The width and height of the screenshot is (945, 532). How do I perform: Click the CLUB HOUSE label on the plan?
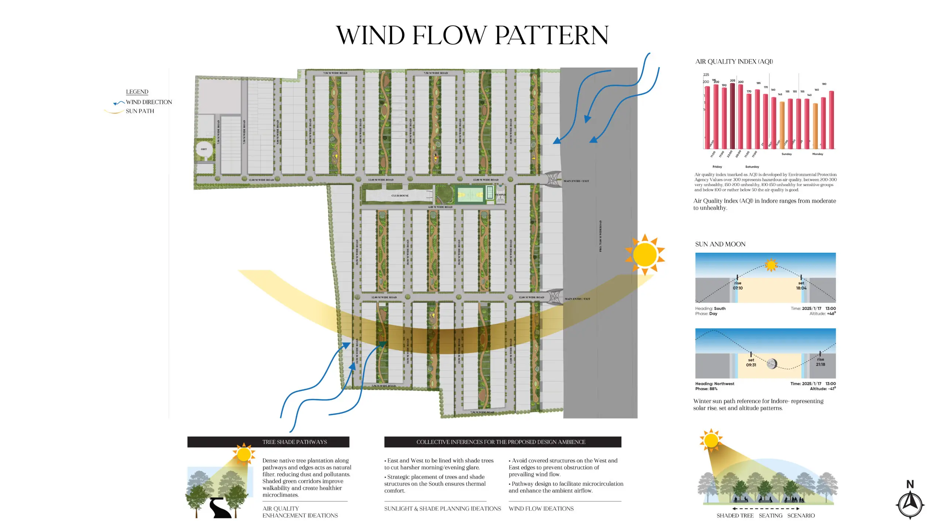(400, 195)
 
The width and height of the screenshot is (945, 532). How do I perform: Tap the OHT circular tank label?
(204, 149)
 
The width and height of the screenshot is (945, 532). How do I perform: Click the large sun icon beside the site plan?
(645, 255)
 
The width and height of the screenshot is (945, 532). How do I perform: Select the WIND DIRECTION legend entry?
(148, 102)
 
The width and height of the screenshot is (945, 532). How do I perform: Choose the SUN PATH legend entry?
(140, 111)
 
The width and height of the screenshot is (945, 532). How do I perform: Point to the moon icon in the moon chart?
(772, 364)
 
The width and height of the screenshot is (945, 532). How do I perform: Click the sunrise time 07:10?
(738, 288)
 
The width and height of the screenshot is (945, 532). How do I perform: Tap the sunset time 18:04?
(801, 288)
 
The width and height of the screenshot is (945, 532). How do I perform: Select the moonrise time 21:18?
(820, 364)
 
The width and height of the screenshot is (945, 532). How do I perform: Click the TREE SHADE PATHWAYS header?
(294, 442)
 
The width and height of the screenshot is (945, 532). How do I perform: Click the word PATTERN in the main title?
(551, 35)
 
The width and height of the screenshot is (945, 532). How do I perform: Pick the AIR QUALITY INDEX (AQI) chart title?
(734, 61)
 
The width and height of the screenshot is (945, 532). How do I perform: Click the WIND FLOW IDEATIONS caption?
(541, 509)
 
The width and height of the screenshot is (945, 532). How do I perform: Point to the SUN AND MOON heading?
(720, 244)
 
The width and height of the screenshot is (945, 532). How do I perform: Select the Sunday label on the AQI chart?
(786, 154)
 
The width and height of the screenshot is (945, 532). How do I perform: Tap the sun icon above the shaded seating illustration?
(711, 440)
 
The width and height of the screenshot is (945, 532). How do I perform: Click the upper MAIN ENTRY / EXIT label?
(576, 181)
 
